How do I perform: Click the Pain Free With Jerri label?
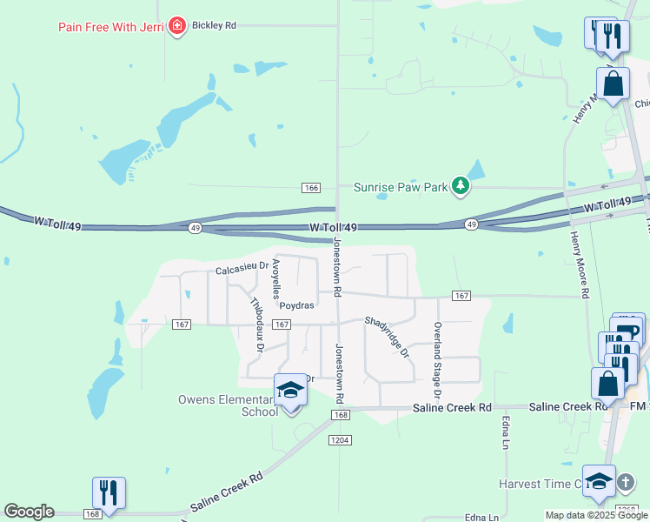coord(111,26)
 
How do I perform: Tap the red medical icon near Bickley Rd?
coord(178,26)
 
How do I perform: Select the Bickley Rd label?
coord(214,26)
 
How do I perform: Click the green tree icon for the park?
coord(461,185)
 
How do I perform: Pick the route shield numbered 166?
coord(312,188)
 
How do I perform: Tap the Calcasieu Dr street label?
coord(242,269)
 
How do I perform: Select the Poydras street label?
coord(296,305)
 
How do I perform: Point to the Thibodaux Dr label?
coord(256,325)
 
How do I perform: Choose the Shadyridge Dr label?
coord(387,336)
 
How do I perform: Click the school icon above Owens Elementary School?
coord(290,391)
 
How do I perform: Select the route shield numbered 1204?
coord(340,441)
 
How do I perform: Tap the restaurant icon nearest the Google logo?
coord(109,492)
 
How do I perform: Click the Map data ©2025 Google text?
coord(595,515)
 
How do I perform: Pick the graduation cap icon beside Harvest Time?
coord(599,482)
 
